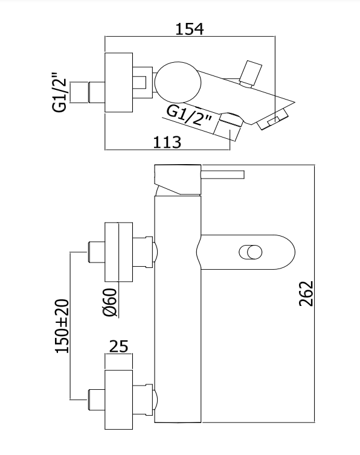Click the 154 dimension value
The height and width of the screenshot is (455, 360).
coord(190,29)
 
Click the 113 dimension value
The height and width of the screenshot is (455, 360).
coord(167,142)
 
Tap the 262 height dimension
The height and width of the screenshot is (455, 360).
coord(306,293)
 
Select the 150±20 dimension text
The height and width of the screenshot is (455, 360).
coord(62,326)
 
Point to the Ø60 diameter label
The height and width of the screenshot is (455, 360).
coord(110,303)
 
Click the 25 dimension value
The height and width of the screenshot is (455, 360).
coord(118,346)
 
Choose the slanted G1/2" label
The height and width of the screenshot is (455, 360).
coord(188,115)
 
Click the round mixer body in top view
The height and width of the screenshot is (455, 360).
coord(178,83)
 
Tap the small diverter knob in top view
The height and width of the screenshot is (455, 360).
coord(250,74)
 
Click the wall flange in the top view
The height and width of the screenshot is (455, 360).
coord(118,83)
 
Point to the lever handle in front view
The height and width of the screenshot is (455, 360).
coord(222,174)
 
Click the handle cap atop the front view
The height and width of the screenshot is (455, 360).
coord(178,179)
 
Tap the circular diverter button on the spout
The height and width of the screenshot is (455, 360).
coord(251,252)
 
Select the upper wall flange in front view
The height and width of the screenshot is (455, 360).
coord(118,252)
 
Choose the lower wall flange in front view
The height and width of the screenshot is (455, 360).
coord(118,399)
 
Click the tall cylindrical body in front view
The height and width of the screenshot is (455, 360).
coord(178,309)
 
